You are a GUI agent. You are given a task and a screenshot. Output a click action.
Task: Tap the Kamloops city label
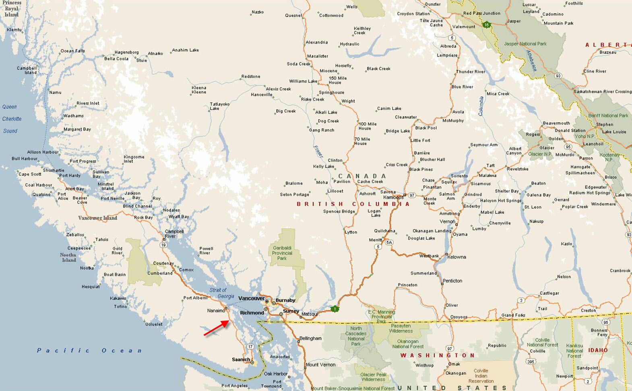393,197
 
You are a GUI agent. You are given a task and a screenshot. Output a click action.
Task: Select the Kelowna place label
456,257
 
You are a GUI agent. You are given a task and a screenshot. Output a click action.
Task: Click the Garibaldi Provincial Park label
282,253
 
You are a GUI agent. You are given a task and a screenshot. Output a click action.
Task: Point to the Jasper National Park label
525,44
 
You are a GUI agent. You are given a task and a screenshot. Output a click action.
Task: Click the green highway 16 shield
486,25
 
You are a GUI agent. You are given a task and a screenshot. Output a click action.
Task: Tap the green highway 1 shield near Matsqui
335,309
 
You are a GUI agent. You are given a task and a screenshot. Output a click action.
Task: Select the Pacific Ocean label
89,350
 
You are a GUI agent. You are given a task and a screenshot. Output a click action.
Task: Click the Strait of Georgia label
221,293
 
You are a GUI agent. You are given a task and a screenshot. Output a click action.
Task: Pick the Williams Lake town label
303,81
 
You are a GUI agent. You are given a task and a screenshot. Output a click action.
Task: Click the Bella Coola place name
116,59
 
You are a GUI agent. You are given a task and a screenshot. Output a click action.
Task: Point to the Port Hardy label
70,176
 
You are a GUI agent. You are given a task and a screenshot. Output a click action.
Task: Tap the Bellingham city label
310,338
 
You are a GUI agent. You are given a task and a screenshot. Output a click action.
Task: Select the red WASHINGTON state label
438,355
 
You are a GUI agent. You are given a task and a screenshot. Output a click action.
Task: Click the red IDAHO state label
598,350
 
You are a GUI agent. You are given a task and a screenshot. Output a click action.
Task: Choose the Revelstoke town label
518,169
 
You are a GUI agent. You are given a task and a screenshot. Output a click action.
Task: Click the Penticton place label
452,281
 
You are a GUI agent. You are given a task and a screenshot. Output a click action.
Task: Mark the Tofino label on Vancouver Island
120,306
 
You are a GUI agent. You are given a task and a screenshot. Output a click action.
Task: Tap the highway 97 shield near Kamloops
411,195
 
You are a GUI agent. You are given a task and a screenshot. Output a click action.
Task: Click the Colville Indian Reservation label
481,376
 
